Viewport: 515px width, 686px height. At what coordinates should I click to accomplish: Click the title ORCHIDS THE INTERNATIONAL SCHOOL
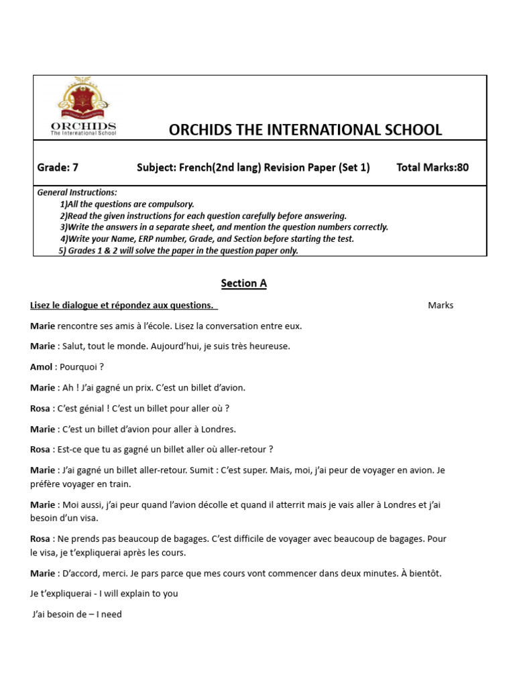(x=305, y=130)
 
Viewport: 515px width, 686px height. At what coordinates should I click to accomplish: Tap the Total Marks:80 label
(x=433, y=167)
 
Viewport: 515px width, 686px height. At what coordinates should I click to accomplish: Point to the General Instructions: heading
(x=77, y=192)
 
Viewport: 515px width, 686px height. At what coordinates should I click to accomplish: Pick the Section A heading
(x=244, y=283)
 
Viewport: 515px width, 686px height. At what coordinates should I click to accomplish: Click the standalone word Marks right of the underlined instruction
(x=441, y=305)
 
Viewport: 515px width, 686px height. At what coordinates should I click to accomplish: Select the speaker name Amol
(x=41, y=367)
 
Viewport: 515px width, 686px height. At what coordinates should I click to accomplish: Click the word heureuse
(x=268, y=347)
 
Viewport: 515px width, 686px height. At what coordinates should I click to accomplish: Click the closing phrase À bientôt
(x=421, y=573)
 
